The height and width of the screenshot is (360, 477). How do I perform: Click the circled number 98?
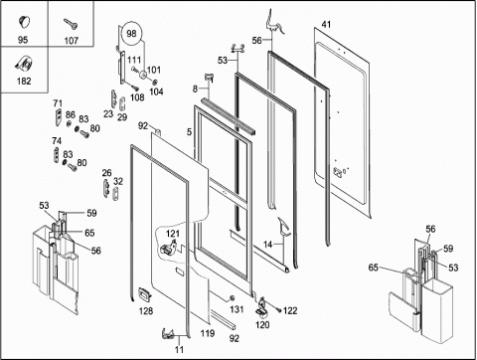click(131, 34)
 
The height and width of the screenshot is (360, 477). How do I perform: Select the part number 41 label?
click(326, 24)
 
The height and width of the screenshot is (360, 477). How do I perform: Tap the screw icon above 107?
click(71, 24)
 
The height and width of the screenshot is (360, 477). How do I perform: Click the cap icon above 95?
click(23, 21)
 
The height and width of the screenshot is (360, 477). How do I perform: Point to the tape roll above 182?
click(24, 64)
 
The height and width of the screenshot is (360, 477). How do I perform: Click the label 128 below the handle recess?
click(146, 311)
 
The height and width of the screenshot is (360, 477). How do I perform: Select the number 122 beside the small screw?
click(290, 310)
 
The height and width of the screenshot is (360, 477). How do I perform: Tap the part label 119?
click(208, 333)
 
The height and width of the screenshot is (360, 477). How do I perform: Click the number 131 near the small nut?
click(237, 309)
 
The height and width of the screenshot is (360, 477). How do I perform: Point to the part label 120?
click(262, 325)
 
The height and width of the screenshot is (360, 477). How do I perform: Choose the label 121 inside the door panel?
click(173, 234)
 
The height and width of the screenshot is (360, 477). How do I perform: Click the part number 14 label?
click(267, 245)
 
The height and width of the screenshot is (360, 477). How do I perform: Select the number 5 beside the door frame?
click(189, 132)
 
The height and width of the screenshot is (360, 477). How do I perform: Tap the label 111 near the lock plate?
click(134, 60)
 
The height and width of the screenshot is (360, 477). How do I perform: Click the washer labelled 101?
click(143, 76)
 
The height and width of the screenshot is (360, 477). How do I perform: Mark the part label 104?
click(156, 91)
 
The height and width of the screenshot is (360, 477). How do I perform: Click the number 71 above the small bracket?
click(58, 103)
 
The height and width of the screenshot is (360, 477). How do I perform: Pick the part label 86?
click(71, 114)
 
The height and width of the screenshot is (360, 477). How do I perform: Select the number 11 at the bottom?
click(179, 349)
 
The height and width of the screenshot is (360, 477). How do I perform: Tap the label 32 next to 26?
click(118, 181)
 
